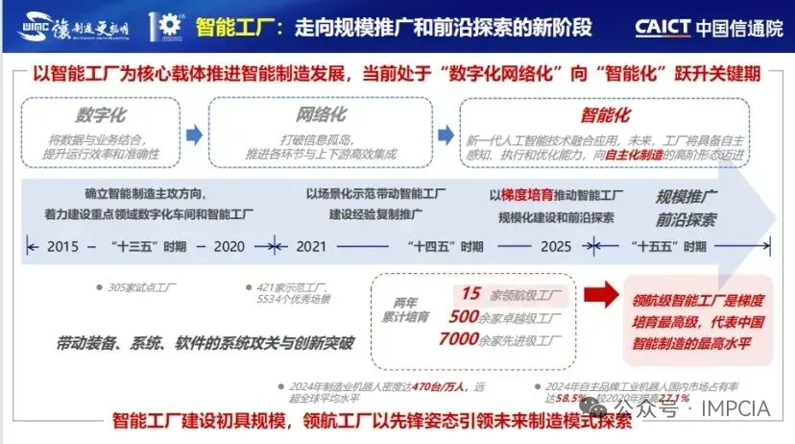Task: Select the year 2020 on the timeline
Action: point(229,246)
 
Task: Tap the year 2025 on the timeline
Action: point(555,246)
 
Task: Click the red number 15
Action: point(470,293)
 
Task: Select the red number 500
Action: point(464,316)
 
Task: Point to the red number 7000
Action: point(459,339)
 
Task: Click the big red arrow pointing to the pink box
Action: point(604,296)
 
